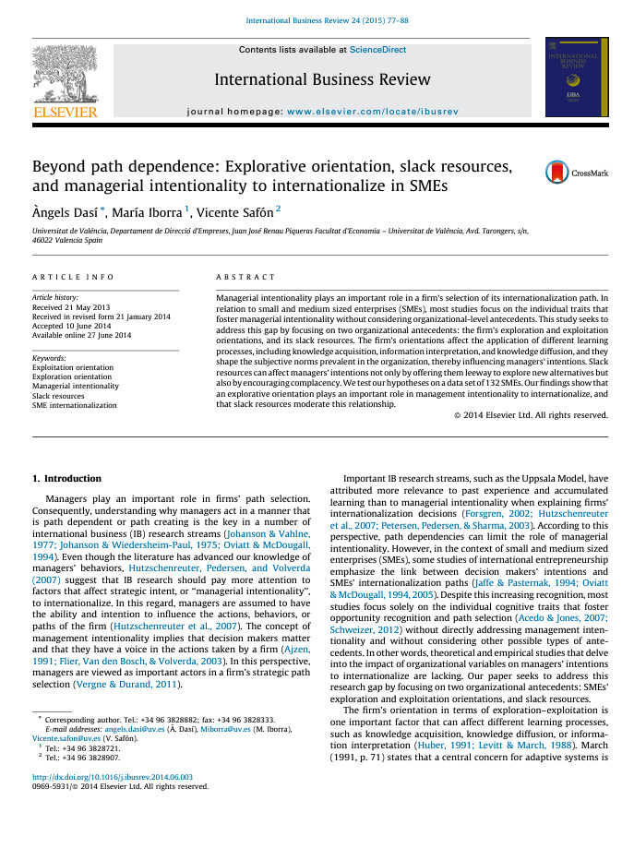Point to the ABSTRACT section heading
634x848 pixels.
pos(245,277)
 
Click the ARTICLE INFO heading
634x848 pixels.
pos(73,277)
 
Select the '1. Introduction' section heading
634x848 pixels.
pos(67,479)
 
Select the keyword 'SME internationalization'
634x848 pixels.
pos(75,405)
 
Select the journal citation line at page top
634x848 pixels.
pos(317,20)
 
